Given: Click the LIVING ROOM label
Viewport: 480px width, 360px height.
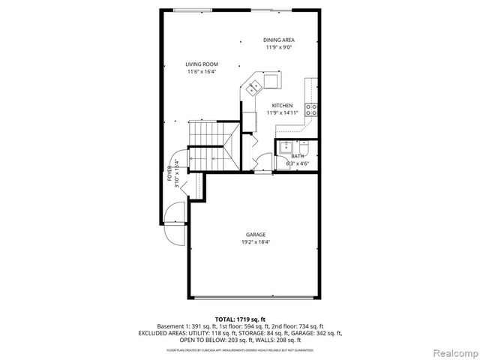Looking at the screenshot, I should click(202, 64).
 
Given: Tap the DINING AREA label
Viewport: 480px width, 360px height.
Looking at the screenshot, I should click(277, 40).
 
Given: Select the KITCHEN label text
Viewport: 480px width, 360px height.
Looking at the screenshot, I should click(282, 106).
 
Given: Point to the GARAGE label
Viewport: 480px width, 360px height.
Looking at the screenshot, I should click(256, 235).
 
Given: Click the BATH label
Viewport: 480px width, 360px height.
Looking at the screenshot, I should click(298, 156).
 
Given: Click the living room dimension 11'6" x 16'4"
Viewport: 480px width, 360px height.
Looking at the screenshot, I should click(202, 73).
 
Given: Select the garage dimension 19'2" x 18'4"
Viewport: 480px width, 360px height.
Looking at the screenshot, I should click(256, 242).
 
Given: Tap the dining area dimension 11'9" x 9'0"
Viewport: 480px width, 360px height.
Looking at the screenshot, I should click(277, 47).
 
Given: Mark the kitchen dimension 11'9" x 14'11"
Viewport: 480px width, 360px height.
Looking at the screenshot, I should click(282, 113).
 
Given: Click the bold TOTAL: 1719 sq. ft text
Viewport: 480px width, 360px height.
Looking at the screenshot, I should click(240, 319).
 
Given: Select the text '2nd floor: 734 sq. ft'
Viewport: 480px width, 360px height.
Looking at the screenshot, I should click(296, 326).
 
